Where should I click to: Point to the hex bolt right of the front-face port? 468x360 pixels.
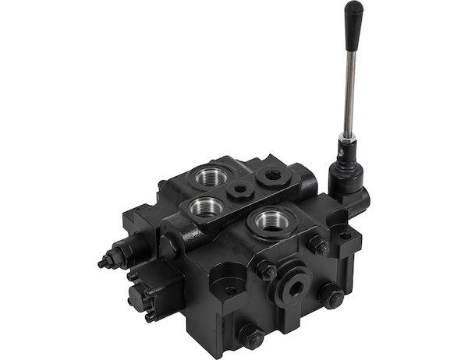330,296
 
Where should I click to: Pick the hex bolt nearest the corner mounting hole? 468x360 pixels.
317,245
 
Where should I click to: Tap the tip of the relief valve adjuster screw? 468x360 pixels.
102,263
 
